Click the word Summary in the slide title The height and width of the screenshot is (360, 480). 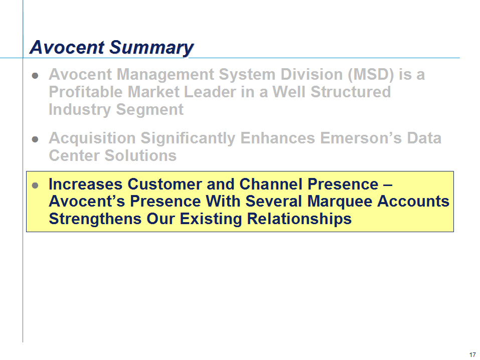click(151, 48)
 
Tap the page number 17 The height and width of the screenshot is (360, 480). click(472, 355)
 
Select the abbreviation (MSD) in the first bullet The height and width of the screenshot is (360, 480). click(371, 74)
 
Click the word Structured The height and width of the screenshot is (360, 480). click(351, 92)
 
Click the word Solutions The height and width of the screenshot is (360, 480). click(140, 155)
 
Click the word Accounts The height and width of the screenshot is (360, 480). click(413, 202)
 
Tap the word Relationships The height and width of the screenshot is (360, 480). click(299, 220)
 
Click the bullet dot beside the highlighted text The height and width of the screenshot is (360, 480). click(35, 185)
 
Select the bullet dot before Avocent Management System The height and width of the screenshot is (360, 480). click(35, 75)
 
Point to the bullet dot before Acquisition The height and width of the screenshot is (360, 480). click(35, 139)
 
